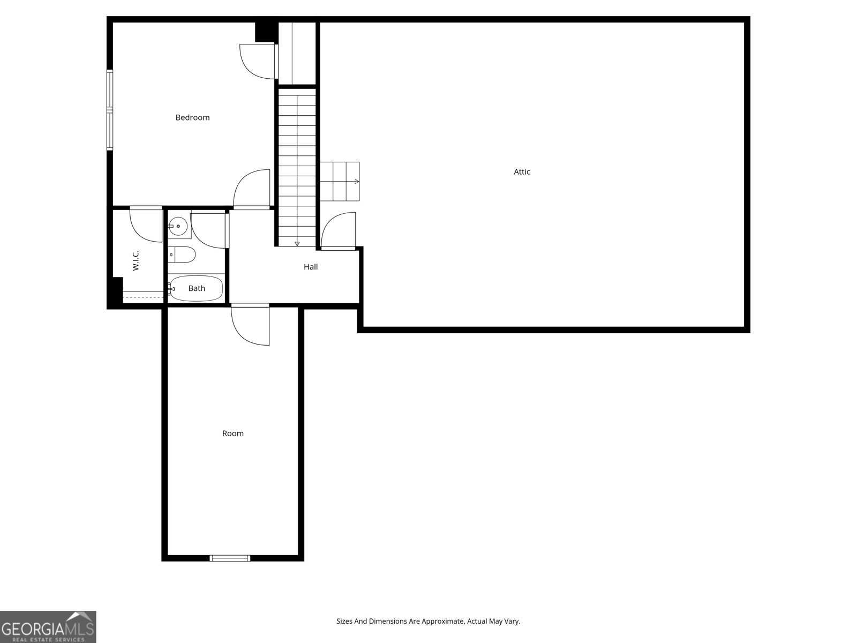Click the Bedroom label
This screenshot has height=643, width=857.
pyautogui.click(x=192, y=118)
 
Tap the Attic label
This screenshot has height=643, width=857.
pyautogui.click(x=522, y=172)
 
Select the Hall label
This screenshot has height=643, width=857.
pyautogui.click(x=311, y=267)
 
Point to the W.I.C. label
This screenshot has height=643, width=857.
pyautogui.click(x=136, y=260)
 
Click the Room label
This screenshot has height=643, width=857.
pyautogui.click(x=233, y=433)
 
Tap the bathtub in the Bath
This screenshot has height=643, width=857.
pyautogui.click(x=196, y=288)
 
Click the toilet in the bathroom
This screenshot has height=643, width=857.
pyautogui.click(x=182, y=255)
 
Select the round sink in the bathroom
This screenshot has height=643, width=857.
pyautogui.click(x=178, y=227)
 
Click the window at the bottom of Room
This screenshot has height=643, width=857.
pyautogui.click(x=230, y=558)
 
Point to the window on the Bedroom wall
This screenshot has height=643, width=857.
pyautogui.click(x=110, y=110)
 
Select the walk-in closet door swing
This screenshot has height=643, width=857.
pyautogui.click(x=146, y=225)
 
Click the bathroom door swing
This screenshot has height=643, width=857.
pyautogui.click(x=209, y=230)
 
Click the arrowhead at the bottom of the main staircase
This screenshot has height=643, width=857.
pyautogui.click(x=297, y=244)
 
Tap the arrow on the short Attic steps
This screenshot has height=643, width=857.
pyautogui.click(x=356, y=182)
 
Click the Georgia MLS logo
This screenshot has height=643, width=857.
pyautogui.click(x=48, y=627)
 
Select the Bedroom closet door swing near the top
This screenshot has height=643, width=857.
pyautogui.click(x=258, y=61)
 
